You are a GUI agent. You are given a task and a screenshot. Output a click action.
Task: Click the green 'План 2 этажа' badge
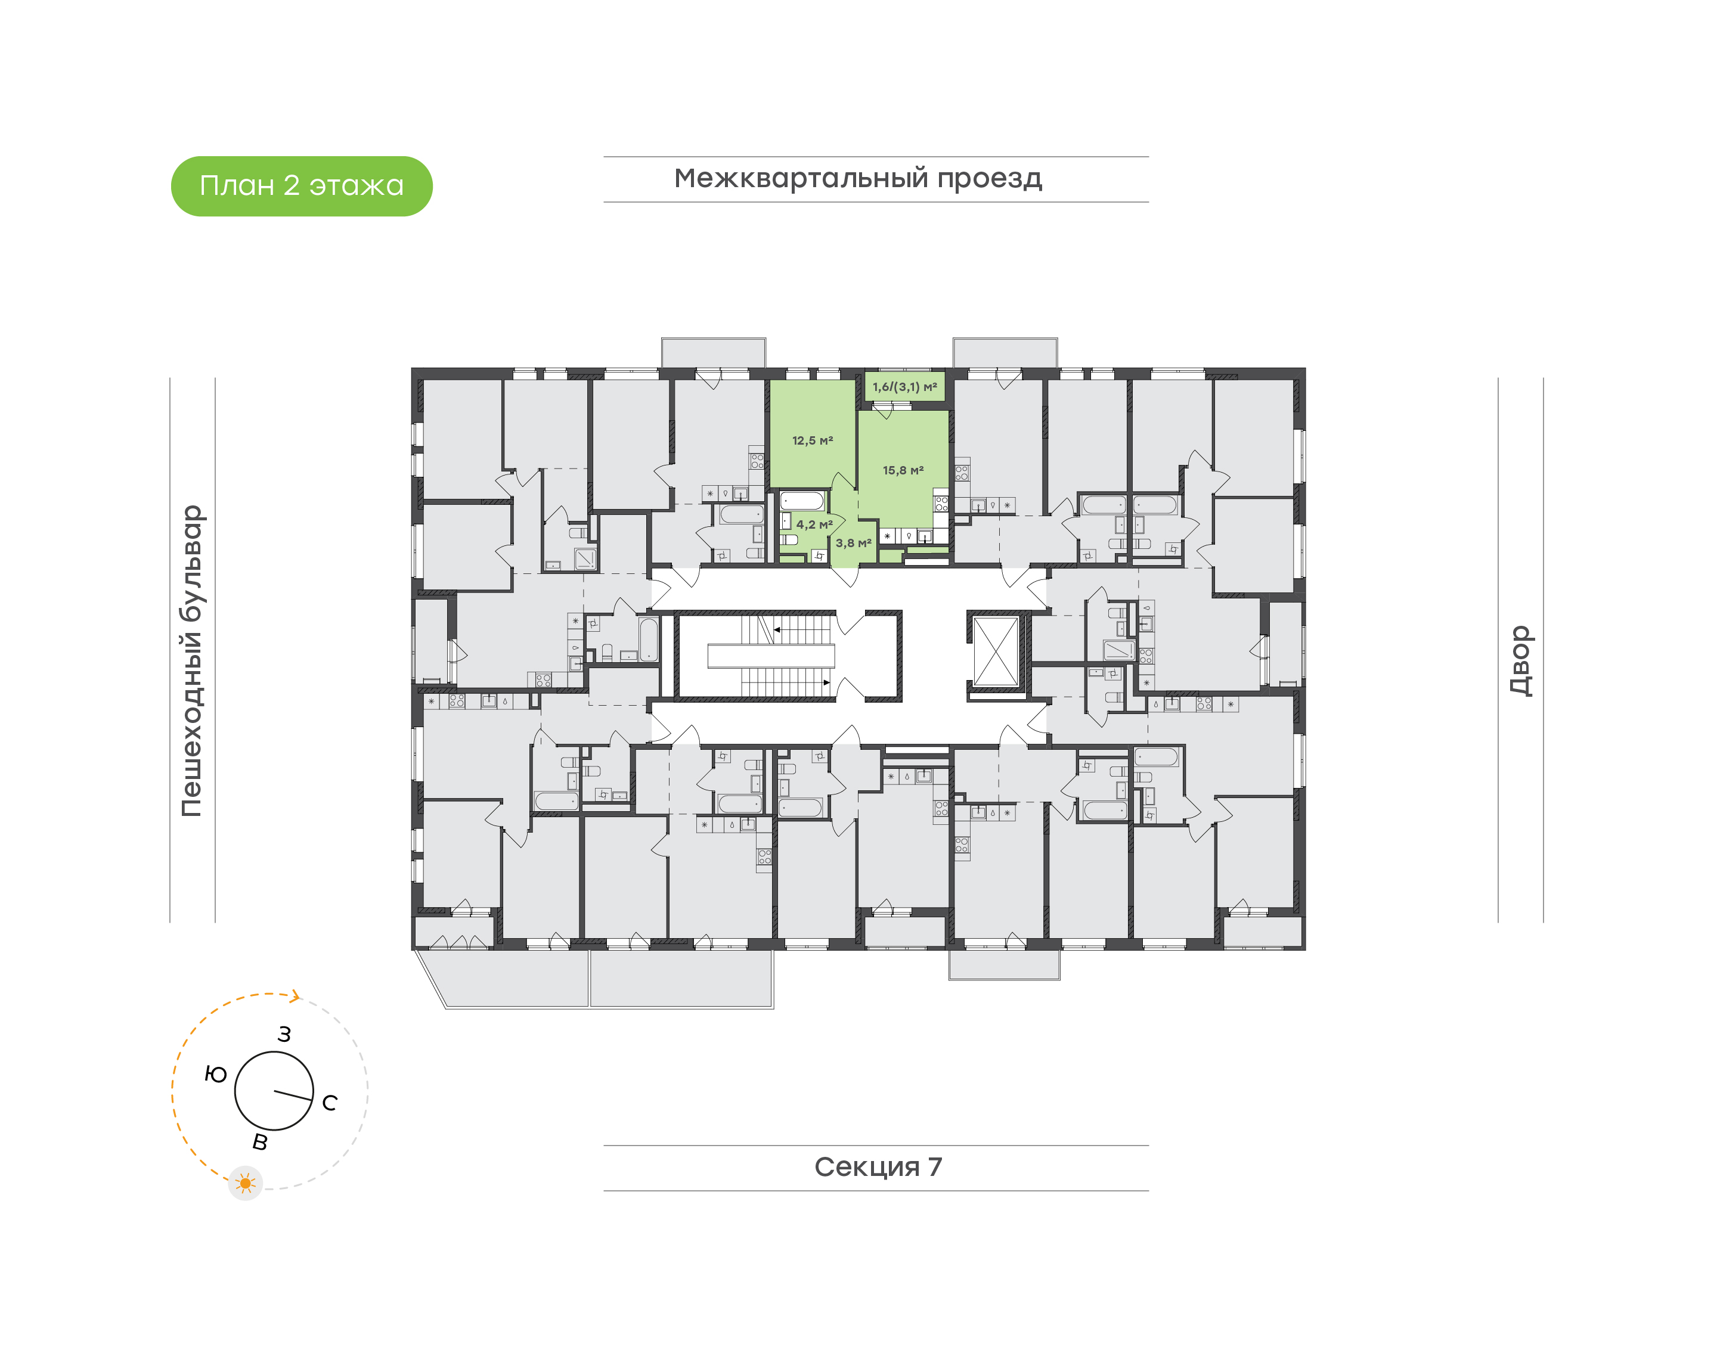pyautogui.click(x=301, y=186)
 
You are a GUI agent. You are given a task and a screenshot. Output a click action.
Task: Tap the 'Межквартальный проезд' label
pyautogui.click(x=857, y=178)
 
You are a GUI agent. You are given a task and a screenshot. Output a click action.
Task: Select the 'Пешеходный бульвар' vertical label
pyautogui.click(x=191, y=660)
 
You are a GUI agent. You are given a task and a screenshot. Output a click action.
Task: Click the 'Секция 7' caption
pyautogui.click(x=877, y=1166)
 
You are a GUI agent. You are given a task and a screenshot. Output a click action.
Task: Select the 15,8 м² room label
pyautogui.click(x=902, y=471)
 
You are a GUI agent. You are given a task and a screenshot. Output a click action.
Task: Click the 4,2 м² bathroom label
pyautogui.click(x=813, y=524)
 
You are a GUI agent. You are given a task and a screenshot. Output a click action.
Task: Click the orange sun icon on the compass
pyautogui.click(x=245, y=1183)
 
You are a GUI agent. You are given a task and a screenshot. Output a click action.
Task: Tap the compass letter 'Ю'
pyautogui.click(x=215, y=1074)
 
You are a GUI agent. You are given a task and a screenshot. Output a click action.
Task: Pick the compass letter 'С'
pyautogui.click(x=330, y=1103)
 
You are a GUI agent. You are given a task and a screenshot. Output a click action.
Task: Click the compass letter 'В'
pyautogui.click(x=259, y=1141)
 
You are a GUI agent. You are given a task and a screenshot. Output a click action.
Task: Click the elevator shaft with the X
pyautogui.click(x=996, y=652)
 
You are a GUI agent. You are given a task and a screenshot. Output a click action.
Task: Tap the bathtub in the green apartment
pyautogui.click(x=802, y=501)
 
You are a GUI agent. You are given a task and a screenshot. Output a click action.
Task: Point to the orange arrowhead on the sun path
pyautogui.click(x=295, y=996)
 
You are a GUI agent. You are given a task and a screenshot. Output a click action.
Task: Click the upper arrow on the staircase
pyautogui.click(x=777, y=629)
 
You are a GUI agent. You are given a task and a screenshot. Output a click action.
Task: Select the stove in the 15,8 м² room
pyautogui.click(x=941, y=503)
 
